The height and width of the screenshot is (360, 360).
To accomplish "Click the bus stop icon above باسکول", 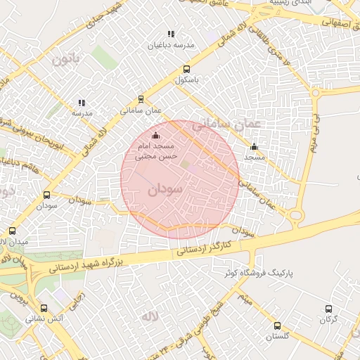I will pyautogui.click(x=186, y=69).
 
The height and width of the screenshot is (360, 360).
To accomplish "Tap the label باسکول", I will pyautogui.click(x=188, y=80).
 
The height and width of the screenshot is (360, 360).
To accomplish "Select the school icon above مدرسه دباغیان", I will pyautogui.click(x=170, y=34).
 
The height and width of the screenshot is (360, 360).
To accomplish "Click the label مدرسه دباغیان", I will pyautogui.click(x=170, y=45).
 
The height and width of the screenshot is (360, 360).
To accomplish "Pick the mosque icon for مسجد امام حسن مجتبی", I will pyautogui.click(x=155, y=135).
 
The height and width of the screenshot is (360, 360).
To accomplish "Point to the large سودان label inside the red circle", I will pyautogui.click(x=166, y=189).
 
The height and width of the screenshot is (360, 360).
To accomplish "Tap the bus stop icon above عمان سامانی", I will pyautogui.click(x=141, y=99).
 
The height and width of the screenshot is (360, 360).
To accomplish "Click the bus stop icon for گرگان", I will pyautogui.click(x=328, y=309).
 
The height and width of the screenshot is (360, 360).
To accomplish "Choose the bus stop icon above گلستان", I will pyautogui.click(x=277, y=326).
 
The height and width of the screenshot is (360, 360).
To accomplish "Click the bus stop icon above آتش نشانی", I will pyautogui.click(x=44, y=308).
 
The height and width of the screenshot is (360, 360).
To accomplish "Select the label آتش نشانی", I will pyautogui.click(x=44, y=319).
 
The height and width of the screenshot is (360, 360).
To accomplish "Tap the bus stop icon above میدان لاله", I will pyautogui.click(x=12, y=231).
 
